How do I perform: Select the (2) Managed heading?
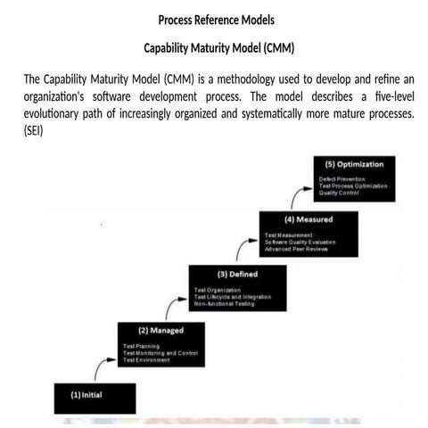155,330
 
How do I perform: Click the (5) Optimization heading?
355,165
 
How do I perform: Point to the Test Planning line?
143,345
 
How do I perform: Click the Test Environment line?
148,359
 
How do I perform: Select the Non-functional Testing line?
225,304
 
